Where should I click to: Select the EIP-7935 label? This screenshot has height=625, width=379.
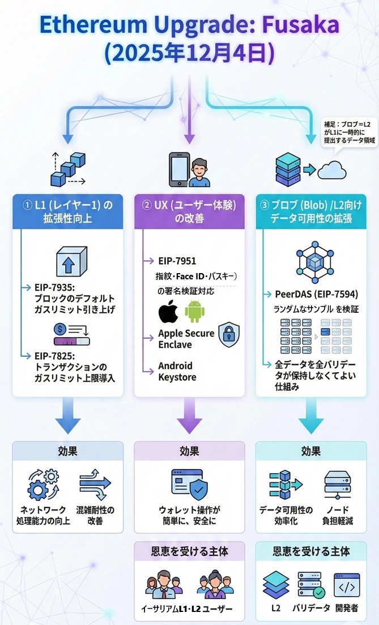[x=56, y=288]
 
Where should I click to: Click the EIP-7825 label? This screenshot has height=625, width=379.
[x=56, y=355]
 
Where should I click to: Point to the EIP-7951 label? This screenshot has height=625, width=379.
[x=177, y=261]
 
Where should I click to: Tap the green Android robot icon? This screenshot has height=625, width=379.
[x=194, y=312]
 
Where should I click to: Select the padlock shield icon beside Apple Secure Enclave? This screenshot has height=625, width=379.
[x=229, y=334]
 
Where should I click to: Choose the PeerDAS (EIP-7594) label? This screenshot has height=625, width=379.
[x=316, y=294]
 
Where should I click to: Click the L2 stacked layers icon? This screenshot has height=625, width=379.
[x=276, y=585]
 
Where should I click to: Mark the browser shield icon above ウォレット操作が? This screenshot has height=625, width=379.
[x=189, y=483]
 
